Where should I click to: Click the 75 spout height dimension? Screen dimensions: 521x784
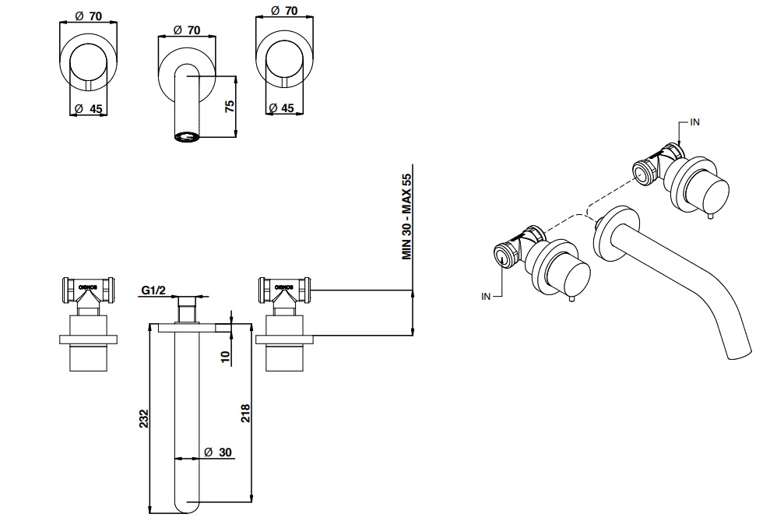point(230,106)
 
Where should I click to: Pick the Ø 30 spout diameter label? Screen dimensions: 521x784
point(219,452)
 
